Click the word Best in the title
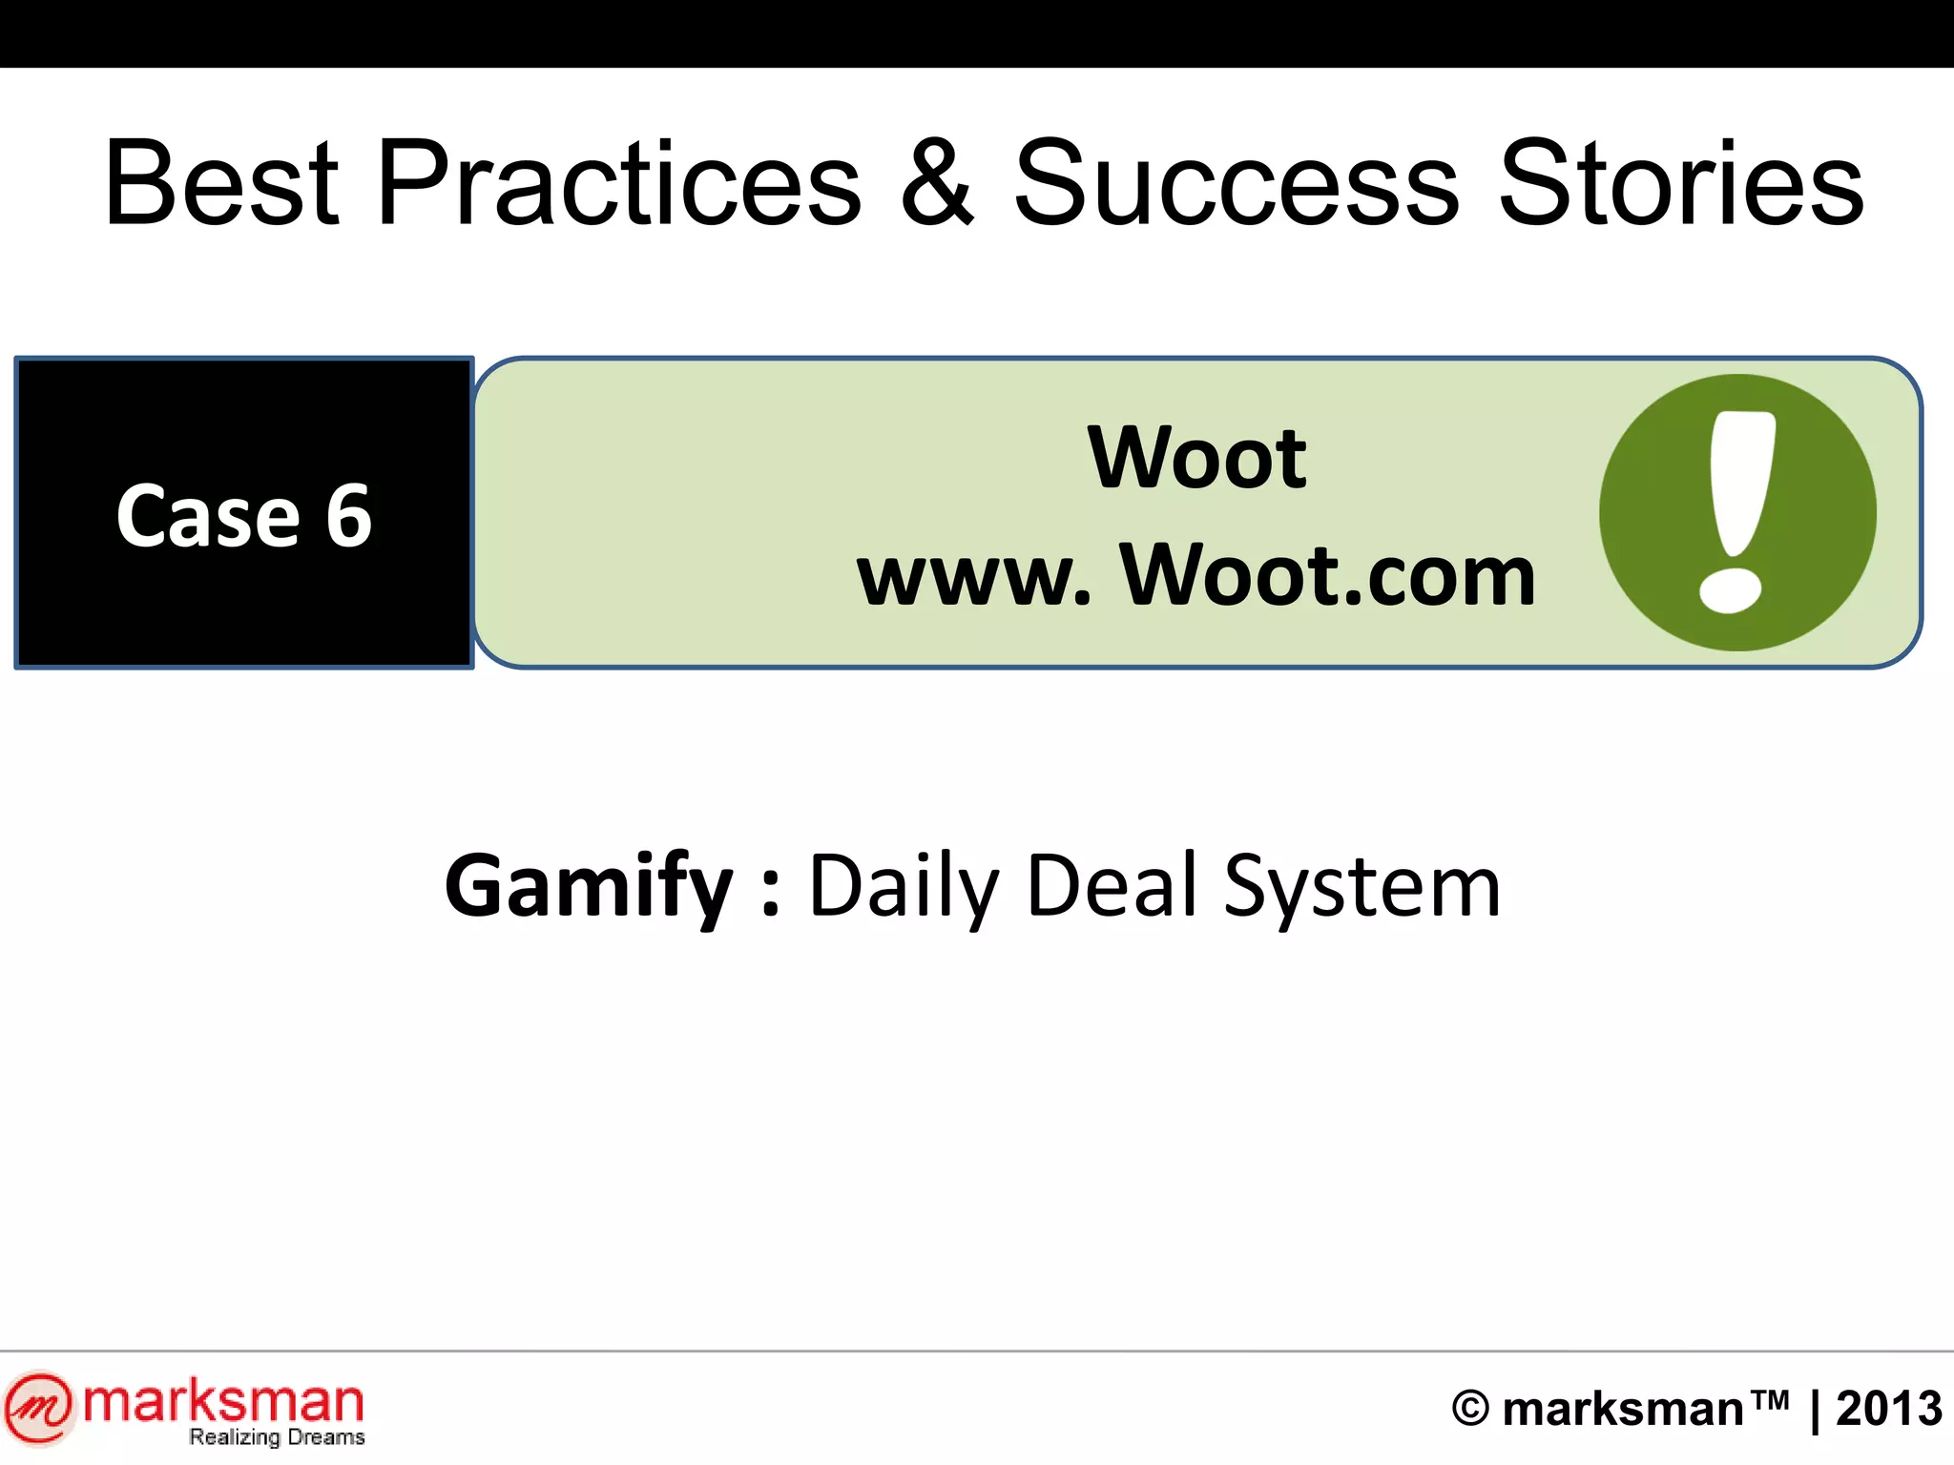(221, 183)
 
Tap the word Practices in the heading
(619, 183)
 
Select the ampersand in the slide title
(937, 183)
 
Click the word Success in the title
(1236, 183)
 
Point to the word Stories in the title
(1681, 183)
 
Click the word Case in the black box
(208, 516)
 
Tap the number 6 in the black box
(348, 516)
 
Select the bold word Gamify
(589, 887)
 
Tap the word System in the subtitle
(1362, 887)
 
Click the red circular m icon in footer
(38, 1407)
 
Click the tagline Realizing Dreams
(277, 1437)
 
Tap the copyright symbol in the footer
(1470, 1409)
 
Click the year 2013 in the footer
(1889, 1409)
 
